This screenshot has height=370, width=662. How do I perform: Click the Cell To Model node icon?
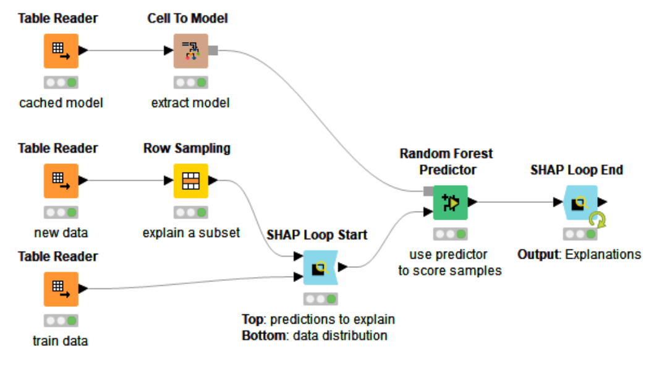coord(191,51)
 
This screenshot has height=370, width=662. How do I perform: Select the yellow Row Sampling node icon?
coord(191,181)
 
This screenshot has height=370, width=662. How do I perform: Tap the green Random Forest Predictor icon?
coord(451,202)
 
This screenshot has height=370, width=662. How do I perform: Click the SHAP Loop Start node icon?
coord(320,267)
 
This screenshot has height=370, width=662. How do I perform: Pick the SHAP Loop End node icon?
coord(580,202)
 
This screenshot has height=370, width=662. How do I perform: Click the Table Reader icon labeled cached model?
coord(61,51)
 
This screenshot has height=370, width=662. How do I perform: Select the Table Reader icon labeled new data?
coord(61,181)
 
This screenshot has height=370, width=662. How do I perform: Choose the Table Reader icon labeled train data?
coord(61,289)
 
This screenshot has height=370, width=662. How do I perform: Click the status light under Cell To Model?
coord(191,82)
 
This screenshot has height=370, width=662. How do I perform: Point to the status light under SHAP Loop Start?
coord(321,299)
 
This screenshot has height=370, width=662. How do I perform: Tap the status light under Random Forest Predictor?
coord(451,234)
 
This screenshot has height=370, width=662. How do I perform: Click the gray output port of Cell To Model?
coord(213,51)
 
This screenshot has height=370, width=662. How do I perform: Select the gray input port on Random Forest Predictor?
coord(428,191)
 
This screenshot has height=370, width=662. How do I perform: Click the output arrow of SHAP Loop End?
coord(603,202)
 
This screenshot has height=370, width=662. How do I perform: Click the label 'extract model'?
coord(190,103)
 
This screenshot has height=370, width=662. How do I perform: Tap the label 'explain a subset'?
coord(191,233)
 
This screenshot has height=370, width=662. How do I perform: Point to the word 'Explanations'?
coord(603,254)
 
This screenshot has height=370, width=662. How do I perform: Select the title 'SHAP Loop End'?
coord(577,170)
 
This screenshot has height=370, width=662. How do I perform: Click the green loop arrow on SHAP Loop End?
coord(597,220)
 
